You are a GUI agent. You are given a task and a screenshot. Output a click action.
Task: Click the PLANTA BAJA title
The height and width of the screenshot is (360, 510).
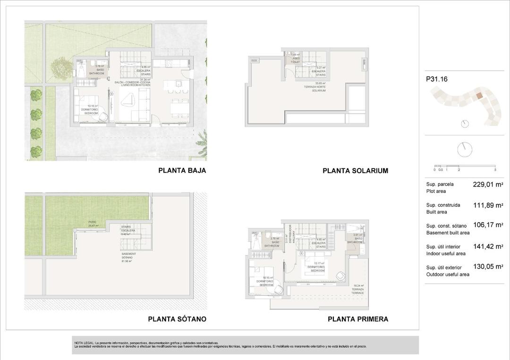182,170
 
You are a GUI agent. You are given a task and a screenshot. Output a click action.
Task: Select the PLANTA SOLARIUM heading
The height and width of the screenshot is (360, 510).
355,171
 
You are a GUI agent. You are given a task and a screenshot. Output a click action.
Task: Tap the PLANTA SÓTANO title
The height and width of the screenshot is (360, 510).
177,319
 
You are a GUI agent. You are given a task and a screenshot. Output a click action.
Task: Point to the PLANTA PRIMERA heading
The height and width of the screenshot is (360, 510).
358,319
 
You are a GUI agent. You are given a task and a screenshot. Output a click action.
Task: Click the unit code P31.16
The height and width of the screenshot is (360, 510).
436,79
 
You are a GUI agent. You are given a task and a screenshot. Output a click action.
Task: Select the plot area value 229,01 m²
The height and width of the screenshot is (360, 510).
487,184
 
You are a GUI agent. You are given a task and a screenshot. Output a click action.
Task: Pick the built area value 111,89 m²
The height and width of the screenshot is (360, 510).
487,205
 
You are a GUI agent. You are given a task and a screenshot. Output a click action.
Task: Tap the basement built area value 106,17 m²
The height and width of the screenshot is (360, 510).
487,225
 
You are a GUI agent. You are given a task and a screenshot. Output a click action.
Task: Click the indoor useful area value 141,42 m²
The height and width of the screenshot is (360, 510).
487,246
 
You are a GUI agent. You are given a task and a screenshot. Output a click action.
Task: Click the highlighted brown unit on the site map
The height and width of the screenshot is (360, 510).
479,96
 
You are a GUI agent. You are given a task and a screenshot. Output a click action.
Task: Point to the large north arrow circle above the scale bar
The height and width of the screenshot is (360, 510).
464,150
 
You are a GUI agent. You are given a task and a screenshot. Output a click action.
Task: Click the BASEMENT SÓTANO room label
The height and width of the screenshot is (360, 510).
128,257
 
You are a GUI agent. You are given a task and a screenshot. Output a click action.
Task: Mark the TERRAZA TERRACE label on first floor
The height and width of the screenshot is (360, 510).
357,289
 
